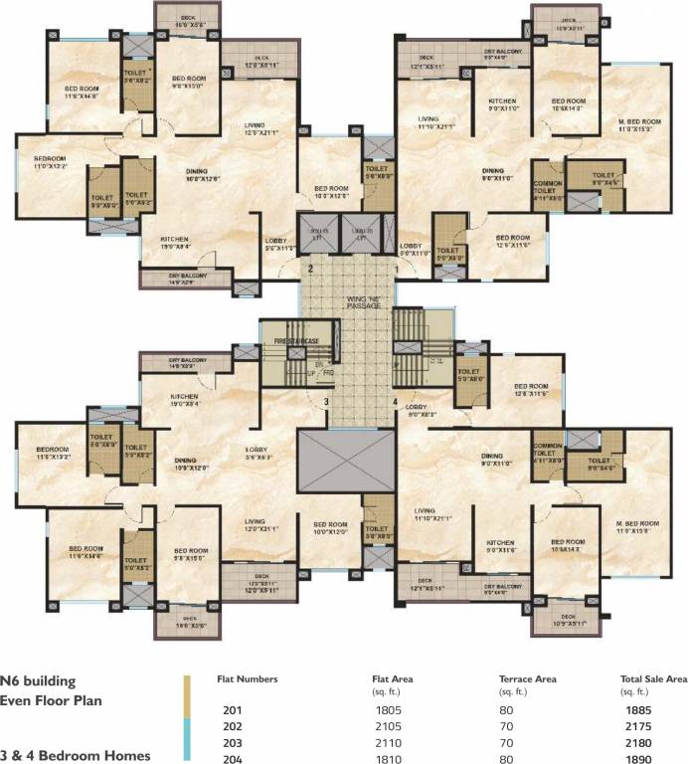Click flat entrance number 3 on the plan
tap(325, 401)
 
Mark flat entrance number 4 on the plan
tap(395, 402)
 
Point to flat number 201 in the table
tap(234, 709)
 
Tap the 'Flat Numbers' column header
tap(248, 680)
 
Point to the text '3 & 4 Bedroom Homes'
tap(76, 755)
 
